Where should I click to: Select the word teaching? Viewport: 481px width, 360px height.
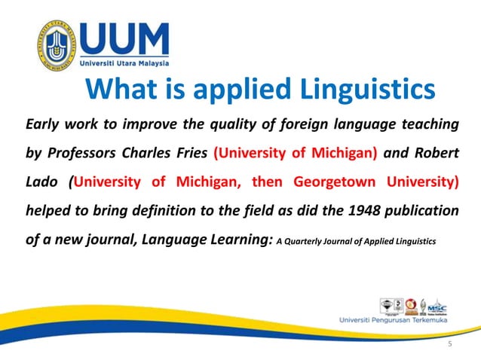coord(426,124)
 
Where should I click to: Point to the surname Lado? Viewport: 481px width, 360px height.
coord(40,183)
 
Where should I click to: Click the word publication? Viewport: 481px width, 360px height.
coord(426,212)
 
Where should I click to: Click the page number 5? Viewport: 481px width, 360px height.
coord(450,344)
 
